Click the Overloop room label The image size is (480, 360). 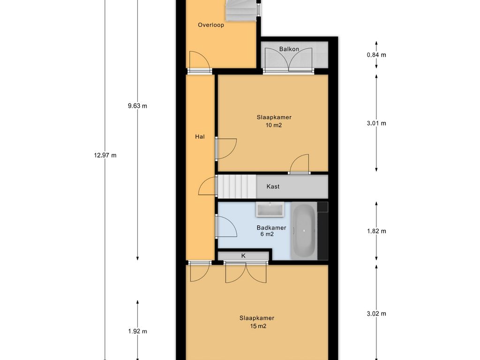(210, 25)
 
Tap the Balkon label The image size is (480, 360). (289, 49)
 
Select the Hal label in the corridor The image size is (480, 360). (200, 137)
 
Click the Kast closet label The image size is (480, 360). (273, 187)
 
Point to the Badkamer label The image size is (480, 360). (271, 228)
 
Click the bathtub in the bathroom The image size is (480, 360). (304, 231)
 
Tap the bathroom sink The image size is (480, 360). (270, 210)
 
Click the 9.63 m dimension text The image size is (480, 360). (137, 106)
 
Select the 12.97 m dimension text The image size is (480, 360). (105, 155)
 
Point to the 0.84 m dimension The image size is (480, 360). (376, 55)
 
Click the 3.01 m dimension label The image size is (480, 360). (376, 123)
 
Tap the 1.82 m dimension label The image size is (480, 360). (376, 231)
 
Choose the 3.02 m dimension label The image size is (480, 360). (376, 314)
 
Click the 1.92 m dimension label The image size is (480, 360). (137, 331)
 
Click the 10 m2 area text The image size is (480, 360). (274, 125)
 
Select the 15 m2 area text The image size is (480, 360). (258, 326)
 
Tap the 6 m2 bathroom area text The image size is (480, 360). (267, 234)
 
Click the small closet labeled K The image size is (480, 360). (243, 255)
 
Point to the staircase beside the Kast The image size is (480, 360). (237, 187)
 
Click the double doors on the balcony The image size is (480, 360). (289, 60)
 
